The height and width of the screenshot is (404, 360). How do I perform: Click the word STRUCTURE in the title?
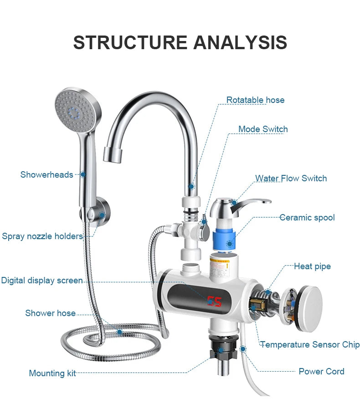(x=130, y=42)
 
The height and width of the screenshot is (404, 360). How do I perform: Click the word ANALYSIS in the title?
(x=240, y=42)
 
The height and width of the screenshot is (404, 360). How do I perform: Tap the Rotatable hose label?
(x=255, y=100)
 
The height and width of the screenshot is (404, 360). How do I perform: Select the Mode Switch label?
(x=263, y=129)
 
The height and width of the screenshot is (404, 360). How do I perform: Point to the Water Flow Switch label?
(x=291, y=178)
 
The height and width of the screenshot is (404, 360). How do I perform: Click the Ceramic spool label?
(x=307, y=218)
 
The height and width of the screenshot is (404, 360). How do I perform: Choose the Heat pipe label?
(x=312, y=266)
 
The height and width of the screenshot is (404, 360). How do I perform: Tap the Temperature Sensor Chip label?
(x=310, y=345)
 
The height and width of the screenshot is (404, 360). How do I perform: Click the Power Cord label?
(x=321, y=372)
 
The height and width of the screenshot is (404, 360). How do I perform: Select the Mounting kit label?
(x=52, y=373)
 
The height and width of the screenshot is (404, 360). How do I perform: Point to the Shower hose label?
(x=50, y=313)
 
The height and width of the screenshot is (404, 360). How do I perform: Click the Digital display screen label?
(x=42, y=281)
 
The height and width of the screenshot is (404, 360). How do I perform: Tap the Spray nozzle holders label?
(x=42, y=236)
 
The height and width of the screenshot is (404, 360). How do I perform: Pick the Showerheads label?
(x=46, y=175)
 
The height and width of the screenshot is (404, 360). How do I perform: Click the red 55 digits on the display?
(x=214, y=301)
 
